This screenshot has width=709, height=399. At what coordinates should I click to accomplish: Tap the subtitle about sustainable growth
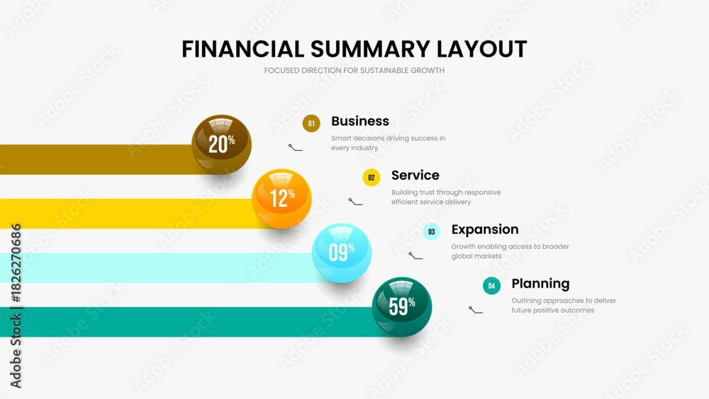(x=354, y=70)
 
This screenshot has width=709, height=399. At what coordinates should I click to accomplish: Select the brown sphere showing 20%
(x=222, y=144)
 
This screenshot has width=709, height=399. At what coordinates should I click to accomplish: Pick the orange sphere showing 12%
(x=281, y=198)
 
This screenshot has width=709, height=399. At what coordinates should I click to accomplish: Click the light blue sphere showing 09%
(x=342, y=252)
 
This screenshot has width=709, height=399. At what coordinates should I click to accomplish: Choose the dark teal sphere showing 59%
(x=401, y=306)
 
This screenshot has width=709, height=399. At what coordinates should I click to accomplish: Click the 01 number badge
(x=311, y=123)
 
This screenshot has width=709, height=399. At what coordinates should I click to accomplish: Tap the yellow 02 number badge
(x=372, y=178)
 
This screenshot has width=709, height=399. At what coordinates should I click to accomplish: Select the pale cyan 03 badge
(x=431, y=232)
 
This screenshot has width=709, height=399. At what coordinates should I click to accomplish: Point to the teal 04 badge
(x=491, y=286)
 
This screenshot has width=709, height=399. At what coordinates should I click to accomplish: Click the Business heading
(x=360, y=121)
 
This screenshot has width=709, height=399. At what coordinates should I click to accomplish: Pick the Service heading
(x=415, y=175)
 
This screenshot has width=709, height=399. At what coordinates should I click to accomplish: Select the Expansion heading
(x=485, y=230)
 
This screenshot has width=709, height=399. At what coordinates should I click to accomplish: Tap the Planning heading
(x=540, y=283)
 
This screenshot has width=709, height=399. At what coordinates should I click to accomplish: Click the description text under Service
(x=445, y=197)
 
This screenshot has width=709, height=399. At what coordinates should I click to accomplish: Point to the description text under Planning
(x=564, y=305)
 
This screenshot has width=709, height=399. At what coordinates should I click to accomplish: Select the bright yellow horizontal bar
(x=128, y=213)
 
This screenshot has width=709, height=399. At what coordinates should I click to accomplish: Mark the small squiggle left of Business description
(x=295, y=147)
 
